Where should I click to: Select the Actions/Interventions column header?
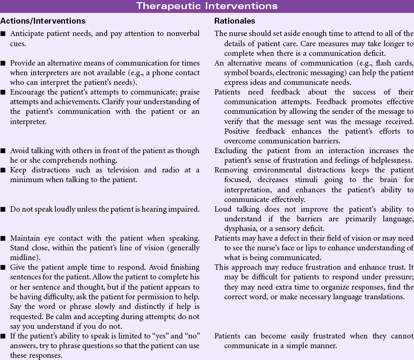click(x=43, y=21)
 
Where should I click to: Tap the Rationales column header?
click(x=235, y=21)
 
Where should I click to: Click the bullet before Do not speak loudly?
click(x=4, y=209)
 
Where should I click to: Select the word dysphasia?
click(x=231, y=228)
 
